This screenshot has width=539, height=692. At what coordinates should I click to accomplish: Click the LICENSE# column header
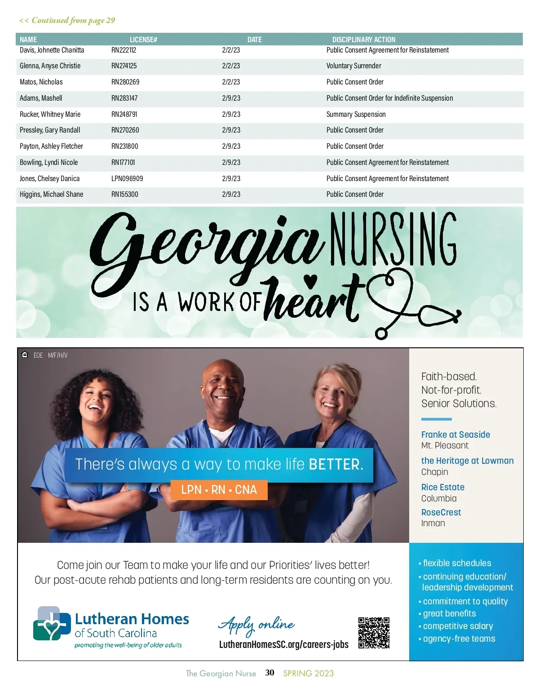[x=143, y=40]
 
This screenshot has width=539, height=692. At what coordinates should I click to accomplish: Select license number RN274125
[x=124, y=66]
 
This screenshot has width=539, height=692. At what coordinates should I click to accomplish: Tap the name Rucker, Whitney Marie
[x=50, y=114]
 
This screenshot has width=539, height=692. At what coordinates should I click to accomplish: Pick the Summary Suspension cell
[x=356, y=114]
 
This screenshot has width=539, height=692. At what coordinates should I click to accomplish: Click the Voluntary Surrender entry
[x=353, y=66]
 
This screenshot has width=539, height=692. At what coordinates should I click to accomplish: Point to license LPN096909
[x=127, y=178]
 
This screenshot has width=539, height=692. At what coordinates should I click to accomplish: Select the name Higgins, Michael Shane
[x=51, y=195]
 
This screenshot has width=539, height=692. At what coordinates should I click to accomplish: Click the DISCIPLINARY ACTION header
[x=363, y=40]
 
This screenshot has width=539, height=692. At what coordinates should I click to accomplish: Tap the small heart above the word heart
[x=310, y=280]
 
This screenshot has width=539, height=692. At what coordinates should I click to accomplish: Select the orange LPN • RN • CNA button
[x=219, y=490]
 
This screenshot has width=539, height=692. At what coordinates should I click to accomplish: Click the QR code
[x=374, y=633]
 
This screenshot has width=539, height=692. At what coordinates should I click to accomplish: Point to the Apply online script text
[x=256, y=625]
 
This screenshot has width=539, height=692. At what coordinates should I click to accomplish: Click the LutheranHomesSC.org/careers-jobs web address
[x=283, y=645]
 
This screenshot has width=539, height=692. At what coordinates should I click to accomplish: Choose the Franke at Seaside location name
[x=455, y=435]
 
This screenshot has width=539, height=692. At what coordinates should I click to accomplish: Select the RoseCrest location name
[x=441, y=512]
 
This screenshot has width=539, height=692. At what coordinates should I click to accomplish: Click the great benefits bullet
[x=449, y=614]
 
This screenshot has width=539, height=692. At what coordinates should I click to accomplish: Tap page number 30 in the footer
[x=269, y=673]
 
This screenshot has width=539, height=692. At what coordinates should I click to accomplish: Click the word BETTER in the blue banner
[x=336, y=464]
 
